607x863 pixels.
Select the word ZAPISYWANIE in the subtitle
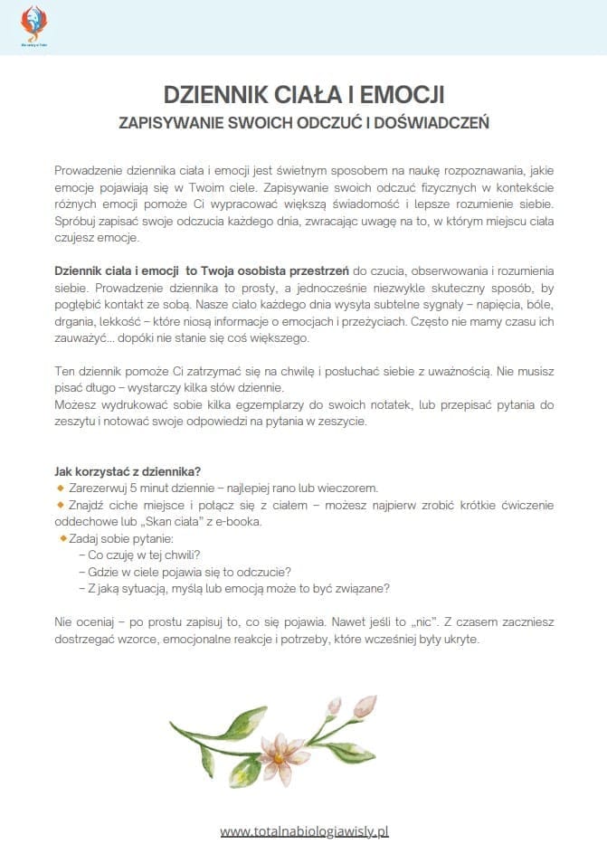tap(172, 122)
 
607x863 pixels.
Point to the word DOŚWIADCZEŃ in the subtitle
tap(437, 122)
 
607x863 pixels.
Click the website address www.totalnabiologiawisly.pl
tap(304, 830)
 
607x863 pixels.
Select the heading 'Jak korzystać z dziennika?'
tap(128, 471)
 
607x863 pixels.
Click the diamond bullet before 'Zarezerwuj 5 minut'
tap(60, 488)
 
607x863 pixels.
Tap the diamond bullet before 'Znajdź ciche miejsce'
tap(60, 504)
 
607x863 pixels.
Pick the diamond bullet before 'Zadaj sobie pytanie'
tap(63, 537)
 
